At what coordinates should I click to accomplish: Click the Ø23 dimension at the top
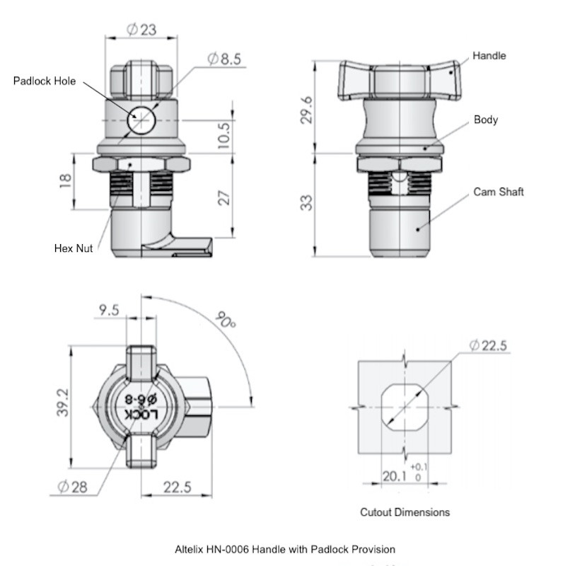(x=141, y=29)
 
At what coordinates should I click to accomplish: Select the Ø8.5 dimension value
(x=224, y=59)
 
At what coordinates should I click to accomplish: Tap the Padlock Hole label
(x=45, y=81)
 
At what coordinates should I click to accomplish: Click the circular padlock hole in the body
(x=141, y=120)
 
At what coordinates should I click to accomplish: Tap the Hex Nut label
(x=74, y=248)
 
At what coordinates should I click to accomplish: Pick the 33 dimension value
(x=306, y=204)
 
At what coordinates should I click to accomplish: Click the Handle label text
(x=489, y=56)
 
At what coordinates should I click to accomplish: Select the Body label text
(x=486, y=120)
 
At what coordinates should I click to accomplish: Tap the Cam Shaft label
(x=498, y=192)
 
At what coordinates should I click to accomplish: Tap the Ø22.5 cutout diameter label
(x=489, y=345)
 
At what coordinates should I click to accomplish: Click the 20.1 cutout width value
(x=395, y=477)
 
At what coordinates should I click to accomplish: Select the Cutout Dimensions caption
(x=405, y=512)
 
